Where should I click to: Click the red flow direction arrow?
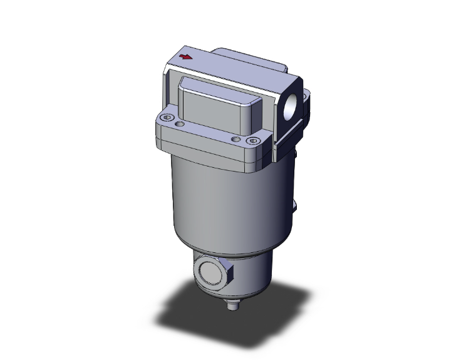pos(186,58)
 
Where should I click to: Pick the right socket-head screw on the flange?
pos(253,142)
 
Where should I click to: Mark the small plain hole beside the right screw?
pos(236,138)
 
